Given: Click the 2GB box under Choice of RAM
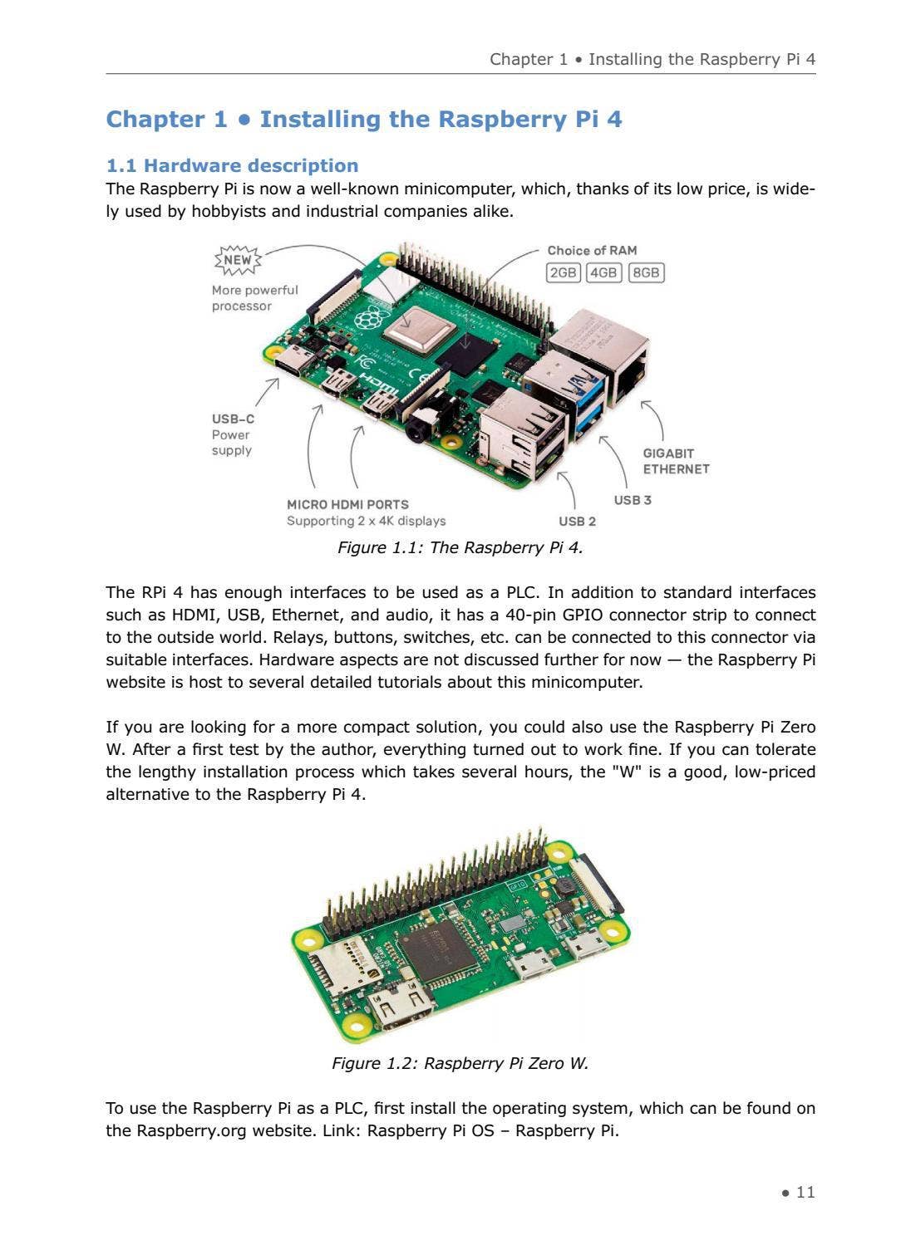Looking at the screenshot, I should [x=563, y=272].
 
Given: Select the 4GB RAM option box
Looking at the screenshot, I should [x=603, y=272].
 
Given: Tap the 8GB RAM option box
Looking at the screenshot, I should [x=646, y=272].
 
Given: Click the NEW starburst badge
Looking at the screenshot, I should [x=238, y=260].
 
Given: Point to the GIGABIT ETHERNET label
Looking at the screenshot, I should [x=676, y=461].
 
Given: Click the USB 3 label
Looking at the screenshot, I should [x=633, y=500].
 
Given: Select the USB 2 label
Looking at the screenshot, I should [x=577, y=522].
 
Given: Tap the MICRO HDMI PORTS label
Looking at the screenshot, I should [x=347, y=504].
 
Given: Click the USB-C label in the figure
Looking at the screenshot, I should [x=233, y=419].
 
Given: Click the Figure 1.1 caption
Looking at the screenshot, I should [x=460, y=548].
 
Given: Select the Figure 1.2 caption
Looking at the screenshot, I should [x=460, y=1064].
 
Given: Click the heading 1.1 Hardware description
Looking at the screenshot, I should [x=232, y=165].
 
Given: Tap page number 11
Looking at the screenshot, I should [x=805, y=1193].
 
